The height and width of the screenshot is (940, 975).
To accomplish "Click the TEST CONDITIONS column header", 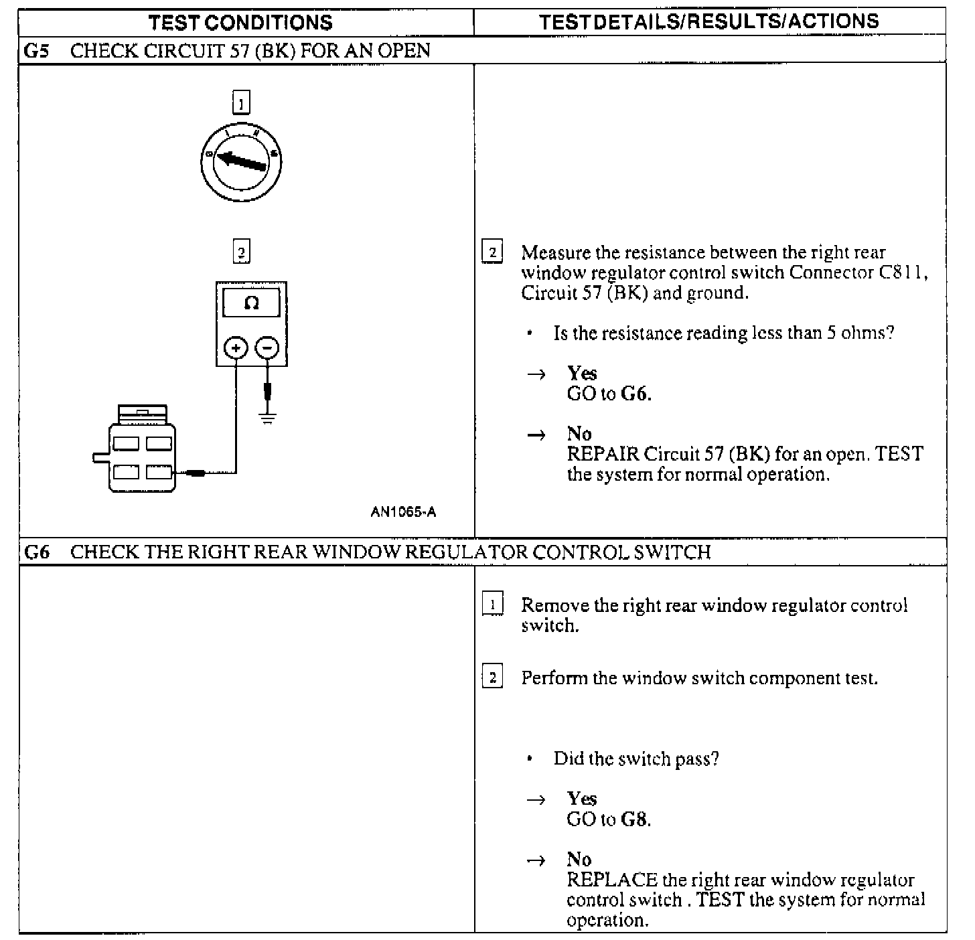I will (240, 22).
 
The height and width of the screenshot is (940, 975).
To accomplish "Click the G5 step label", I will (37, 51).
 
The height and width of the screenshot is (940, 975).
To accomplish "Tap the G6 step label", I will (37, 552).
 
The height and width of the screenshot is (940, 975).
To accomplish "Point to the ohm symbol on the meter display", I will (251, 303).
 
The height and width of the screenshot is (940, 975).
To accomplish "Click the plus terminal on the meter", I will (236, 348).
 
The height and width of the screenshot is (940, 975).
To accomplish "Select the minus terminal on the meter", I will (267, 348).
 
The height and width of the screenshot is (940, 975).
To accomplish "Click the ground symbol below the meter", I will (268, 420).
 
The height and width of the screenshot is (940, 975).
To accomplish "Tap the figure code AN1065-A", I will (403, 512).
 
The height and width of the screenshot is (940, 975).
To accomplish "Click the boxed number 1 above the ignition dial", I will (240, 103).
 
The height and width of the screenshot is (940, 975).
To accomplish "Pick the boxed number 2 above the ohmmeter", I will (240, 252).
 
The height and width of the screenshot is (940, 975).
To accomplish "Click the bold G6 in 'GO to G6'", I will (635, 394).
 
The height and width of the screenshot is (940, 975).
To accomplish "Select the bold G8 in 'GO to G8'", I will (635, 819).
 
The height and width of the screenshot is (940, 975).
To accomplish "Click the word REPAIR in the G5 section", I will (603, 454).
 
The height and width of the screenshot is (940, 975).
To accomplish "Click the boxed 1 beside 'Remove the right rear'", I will (493, 605).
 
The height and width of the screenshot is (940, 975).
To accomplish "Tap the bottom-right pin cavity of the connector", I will (159, 473).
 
